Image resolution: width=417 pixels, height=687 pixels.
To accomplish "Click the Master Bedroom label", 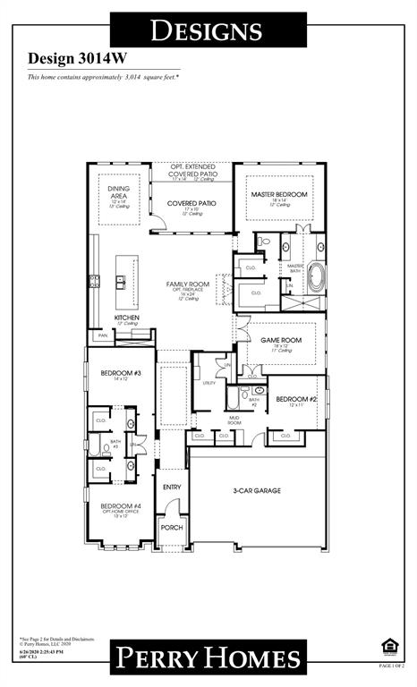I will tap(279, 194).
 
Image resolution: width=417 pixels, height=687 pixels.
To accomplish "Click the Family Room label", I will tap(187, 284).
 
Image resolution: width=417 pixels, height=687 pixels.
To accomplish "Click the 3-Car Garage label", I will tap(258, 490).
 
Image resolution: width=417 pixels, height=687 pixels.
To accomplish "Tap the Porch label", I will tap(171, 528).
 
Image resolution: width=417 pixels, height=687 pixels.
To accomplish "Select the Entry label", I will tap(171, 487).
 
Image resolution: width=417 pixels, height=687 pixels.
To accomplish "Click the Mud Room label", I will tap(234, 420).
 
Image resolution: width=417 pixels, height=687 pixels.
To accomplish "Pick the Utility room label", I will tap(208, 382).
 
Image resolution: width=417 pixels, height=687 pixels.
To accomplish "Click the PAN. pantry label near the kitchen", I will tap(103, 335).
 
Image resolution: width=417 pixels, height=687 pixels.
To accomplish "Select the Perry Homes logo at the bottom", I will tap(207, 659).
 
